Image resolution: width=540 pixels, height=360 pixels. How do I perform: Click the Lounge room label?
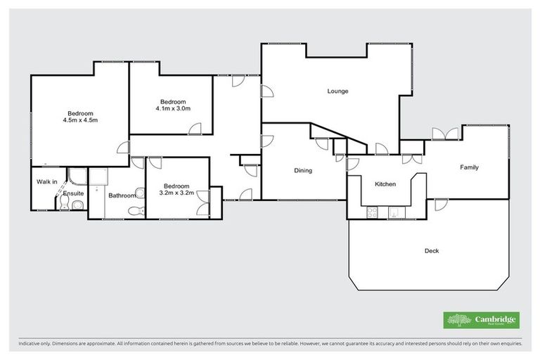point(337,91)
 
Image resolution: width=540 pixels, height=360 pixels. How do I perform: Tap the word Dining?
point(303,170)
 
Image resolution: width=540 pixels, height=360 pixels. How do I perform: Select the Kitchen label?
point(385,184)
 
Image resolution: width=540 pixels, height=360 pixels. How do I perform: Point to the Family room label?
point(470,167)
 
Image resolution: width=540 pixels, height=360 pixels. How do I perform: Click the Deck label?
point(432,250)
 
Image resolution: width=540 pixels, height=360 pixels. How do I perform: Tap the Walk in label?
point(47,182)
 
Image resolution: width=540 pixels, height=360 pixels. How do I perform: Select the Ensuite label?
point(74,193)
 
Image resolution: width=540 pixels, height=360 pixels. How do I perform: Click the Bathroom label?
point(122,196)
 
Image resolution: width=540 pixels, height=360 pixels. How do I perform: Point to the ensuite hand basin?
point(77,205)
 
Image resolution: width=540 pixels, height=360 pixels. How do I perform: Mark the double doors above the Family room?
point(442,134)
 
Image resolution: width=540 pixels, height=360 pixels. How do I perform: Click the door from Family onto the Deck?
point(440,205)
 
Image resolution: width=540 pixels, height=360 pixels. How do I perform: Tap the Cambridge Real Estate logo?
point(481,320)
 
